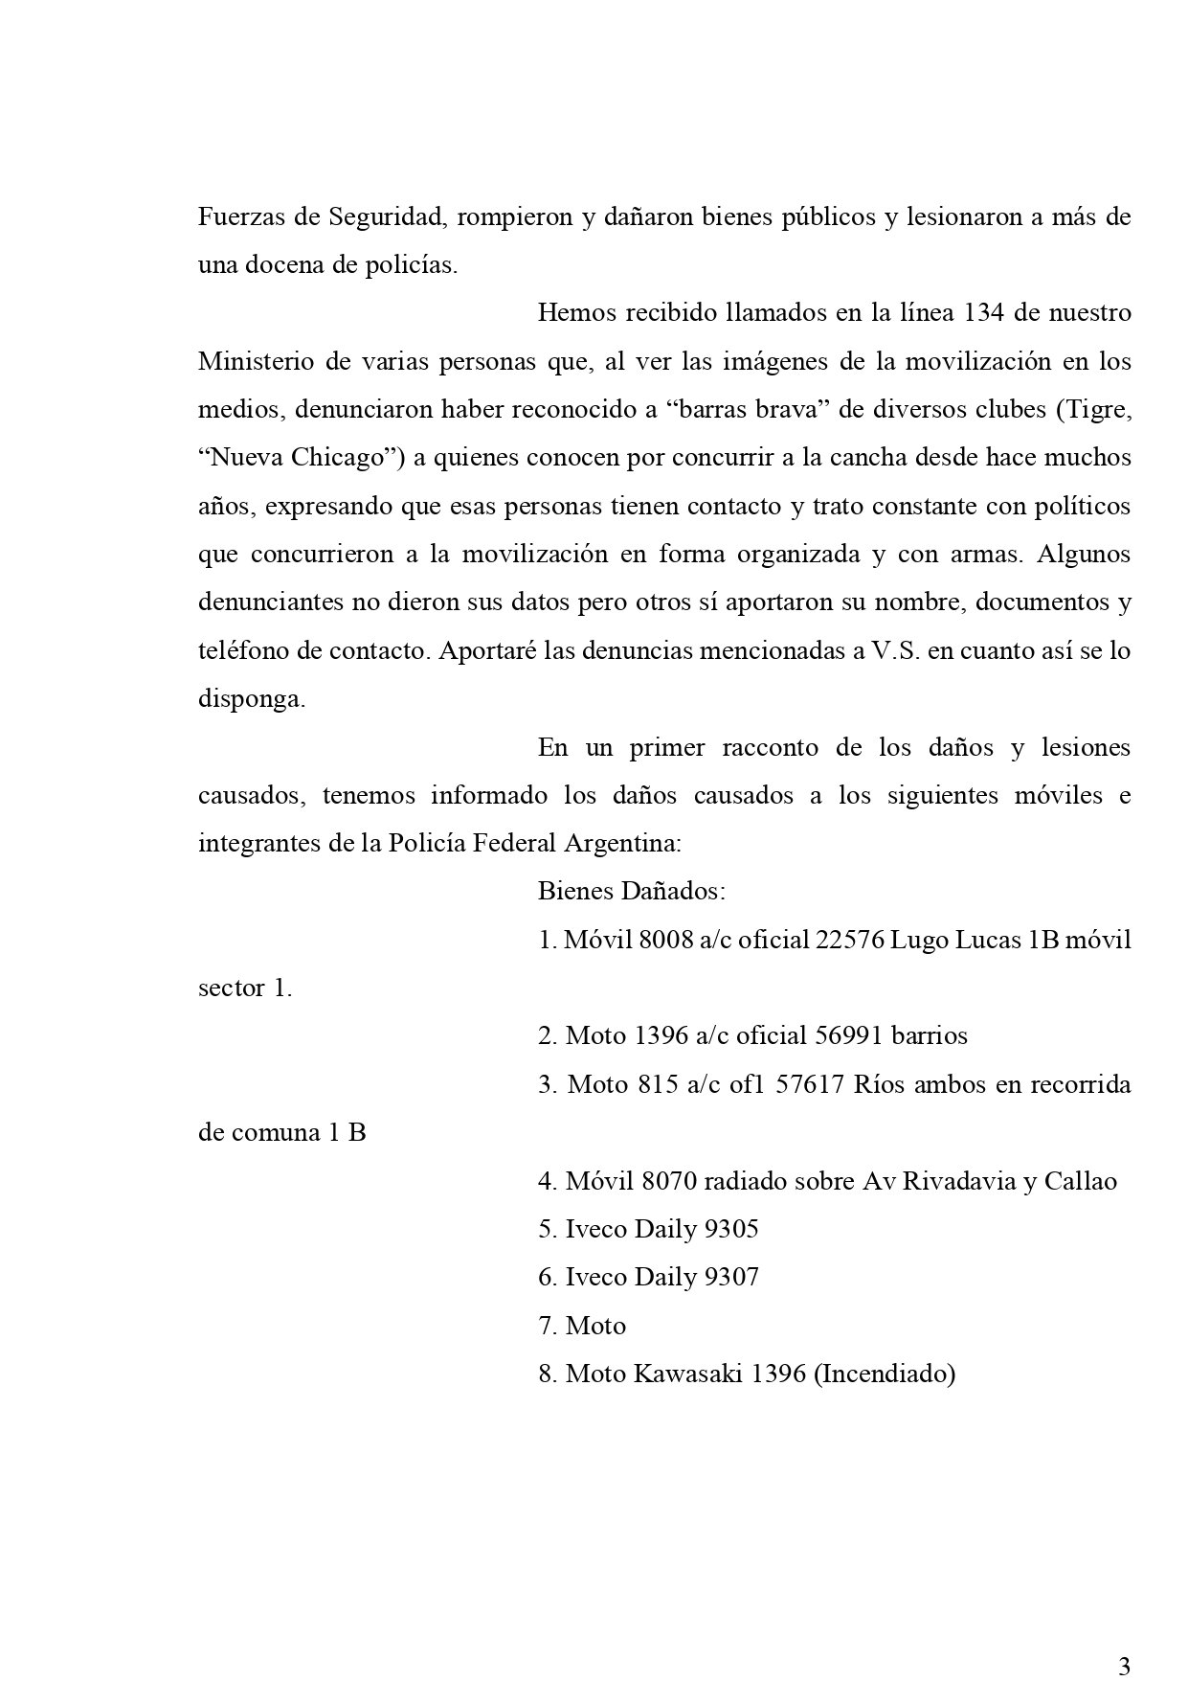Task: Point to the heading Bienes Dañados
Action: coord(631,891)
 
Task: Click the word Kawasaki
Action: coord(686,1374)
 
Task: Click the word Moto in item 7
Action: coord(595,1326)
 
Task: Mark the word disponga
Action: coord(251,699)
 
